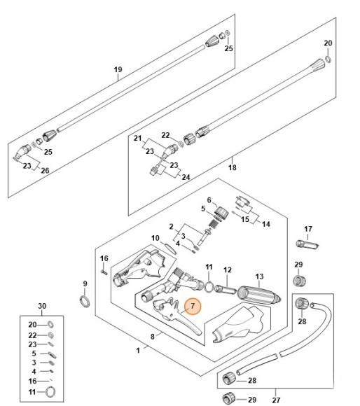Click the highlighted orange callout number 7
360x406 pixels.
pos(191,306)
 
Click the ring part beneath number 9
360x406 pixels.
pos(84,301)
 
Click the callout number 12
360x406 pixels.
pos(227,269)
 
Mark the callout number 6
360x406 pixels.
pos(208,199)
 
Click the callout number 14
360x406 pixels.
pos(265,224)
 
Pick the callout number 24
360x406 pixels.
pos(186,177)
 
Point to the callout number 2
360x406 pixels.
pos(171,225)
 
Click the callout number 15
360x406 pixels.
pos(245,218)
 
